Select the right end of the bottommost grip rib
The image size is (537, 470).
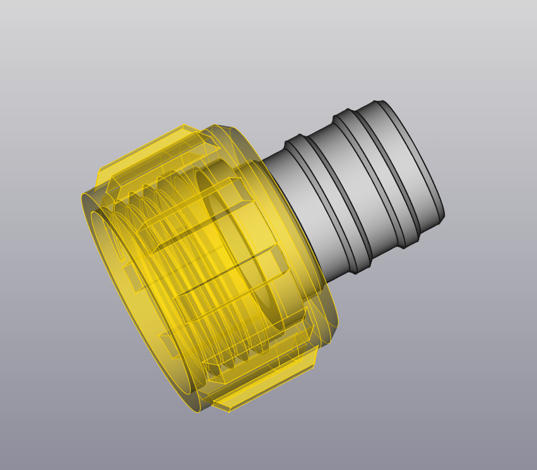pos(312,360)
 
